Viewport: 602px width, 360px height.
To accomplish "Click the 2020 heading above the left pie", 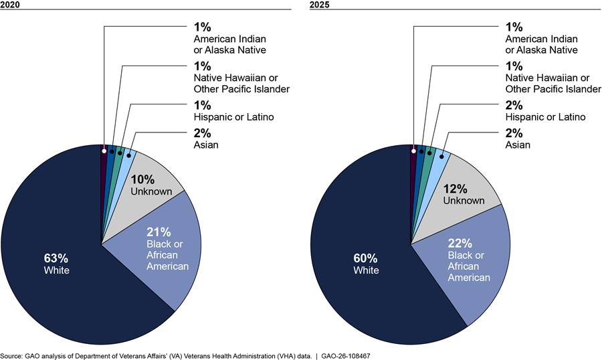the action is (x=10, y=5).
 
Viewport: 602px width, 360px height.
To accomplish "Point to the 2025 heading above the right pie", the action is (x=320, y=5).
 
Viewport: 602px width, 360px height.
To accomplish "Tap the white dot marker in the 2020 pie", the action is (x=104, y=151).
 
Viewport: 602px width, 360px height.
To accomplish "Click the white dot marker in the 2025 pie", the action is (x=413, y=151).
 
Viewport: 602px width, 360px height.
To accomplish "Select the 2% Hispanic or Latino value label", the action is (x=514, y=105).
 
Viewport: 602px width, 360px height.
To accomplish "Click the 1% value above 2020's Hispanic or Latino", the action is (x=202, y=105).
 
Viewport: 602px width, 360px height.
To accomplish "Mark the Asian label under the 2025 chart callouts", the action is (x=518, y=145).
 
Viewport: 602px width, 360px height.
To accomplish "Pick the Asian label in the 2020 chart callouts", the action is (x=206, y=145).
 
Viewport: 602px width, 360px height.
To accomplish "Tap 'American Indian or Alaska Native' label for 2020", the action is (x=229, y=45).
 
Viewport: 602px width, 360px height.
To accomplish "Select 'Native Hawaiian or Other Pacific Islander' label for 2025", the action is (x=553, y=84).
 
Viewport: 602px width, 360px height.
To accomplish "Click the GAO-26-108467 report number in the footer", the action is (x=346, y=356).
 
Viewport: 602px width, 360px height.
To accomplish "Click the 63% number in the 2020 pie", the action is (x=56, y=258).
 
